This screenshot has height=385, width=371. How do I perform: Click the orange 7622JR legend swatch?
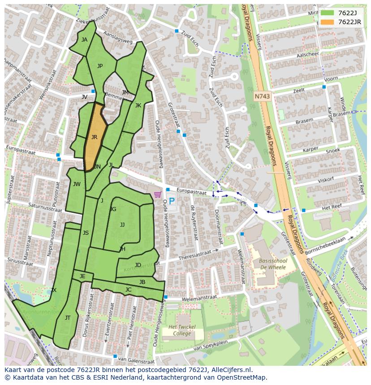(327, 22)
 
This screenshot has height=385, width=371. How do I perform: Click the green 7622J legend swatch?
(327, 13)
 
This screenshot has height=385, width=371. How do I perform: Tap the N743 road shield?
(262, 96)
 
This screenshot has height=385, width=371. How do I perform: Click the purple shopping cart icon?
(157, 195)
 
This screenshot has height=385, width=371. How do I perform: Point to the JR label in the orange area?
(94, 137)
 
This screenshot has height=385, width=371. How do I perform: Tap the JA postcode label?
(84, 39)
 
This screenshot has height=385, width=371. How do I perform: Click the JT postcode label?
(68, 318)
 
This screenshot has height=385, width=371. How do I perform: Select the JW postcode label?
(77, 184)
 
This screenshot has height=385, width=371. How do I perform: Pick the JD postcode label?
(138, 265)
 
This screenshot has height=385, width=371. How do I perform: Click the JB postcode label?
(142, 282)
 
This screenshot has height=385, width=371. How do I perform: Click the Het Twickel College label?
(178, 330)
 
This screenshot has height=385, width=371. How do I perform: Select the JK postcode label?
(138, 106)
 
